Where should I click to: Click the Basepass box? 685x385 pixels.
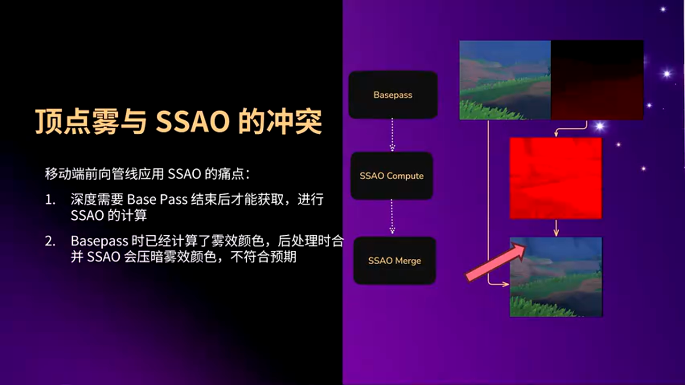(x=393, y=95)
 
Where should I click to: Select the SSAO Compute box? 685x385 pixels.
(x=391, y=176)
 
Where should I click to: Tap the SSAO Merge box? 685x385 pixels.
(x=394, y=261)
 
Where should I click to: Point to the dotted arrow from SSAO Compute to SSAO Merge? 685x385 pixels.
(x=392, y=217)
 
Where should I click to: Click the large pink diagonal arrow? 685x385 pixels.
(x=496, y=261)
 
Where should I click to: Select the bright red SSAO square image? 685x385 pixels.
(x=555, y=178)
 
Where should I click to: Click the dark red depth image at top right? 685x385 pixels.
(x=597, y=80)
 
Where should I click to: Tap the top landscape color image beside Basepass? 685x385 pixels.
(x=505, y=80)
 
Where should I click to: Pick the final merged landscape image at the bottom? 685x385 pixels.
(x=555, y=277)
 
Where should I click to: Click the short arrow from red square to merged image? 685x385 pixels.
(x=556, y=228)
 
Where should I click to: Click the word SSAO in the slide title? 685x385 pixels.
(x=192, y=122)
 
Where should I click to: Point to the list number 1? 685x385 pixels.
(x=50, y=200)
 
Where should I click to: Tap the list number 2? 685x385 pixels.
(x=50, y=242)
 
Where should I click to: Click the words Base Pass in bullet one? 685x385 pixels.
(x=157, y=200)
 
